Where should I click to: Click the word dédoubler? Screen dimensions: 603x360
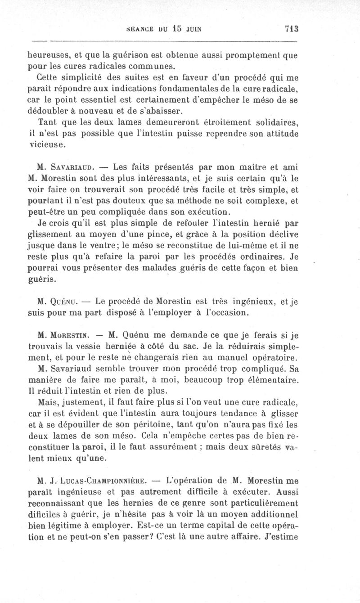point(50,111)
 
